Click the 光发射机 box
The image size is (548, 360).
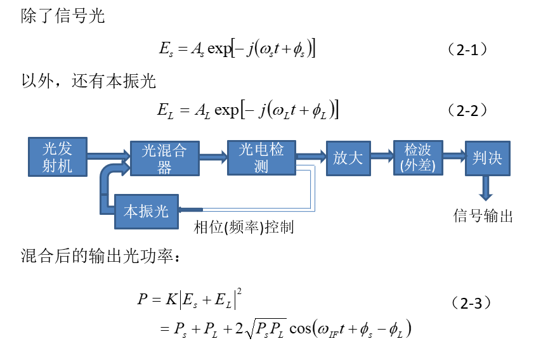(x=58, y=157)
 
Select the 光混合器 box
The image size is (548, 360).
(x=165, y=158)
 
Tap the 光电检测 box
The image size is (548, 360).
(x=261, y=157)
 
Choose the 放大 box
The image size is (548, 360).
(x=348, y=158)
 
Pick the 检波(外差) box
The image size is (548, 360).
(x=418, y=158)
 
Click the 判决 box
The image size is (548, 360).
(x=488, y=158)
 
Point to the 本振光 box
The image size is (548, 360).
(x=147, y=212)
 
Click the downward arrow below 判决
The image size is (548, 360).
(x=486, y=188)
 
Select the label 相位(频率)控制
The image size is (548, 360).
(x=244, y=228)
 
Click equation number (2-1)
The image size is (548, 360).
(x=467, y=49)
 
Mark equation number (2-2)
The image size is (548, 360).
(x=467, y=110)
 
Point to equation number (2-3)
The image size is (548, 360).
(x=471, y=303)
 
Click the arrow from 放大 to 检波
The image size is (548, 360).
(x=382, y=155)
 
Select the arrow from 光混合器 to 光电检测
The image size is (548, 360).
(x=214, y=156)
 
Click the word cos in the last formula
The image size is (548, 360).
(x=300, y=328)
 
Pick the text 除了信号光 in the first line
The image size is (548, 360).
(x=63, y=16)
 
